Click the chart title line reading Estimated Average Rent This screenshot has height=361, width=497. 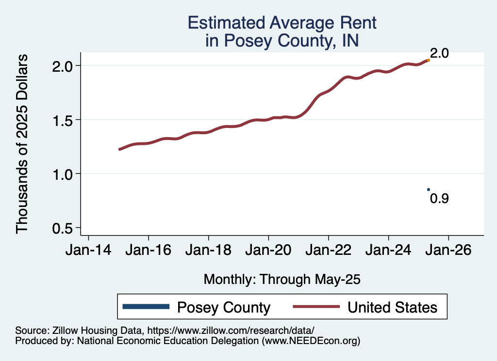(x=282, y=23)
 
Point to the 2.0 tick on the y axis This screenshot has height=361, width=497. (x=64, y=65)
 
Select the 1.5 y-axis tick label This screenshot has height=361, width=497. (x=64, y=120)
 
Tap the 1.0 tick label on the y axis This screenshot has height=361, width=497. (x=64, y=174)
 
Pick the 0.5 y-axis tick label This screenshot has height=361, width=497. (x=64, y=228)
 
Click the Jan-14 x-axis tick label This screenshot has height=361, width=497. (x=88, y=252)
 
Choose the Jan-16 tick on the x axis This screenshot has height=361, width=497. (x=148, y=252)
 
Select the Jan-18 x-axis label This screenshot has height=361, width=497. (x=208, y=252)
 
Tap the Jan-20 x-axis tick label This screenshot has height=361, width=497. (x=268, y=252)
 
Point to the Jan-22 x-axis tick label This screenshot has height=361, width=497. (x=329, y=252)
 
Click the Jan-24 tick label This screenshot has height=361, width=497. (x=388, y=252)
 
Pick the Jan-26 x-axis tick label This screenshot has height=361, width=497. (x=448, y=252)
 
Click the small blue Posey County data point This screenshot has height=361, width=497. (x=428, y=189)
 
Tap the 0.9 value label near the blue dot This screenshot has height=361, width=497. (x=439, y=198)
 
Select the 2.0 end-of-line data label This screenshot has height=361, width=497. (x=439, y=53)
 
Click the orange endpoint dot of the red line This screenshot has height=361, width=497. (x=428, y=60)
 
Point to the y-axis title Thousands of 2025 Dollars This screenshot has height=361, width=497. (x=23, y=144)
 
